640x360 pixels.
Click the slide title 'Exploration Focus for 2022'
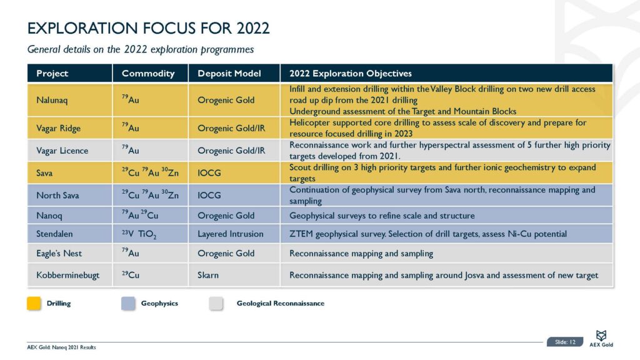coord(149,28)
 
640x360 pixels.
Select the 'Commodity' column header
coord(148,74)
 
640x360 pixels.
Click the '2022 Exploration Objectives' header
coord(351,74)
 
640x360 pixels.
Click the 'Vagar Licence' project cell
coord(62,151)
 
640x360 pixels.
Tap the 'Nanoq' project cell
coord(50,216)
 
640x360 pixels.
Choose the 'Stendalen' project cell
coord(56,234)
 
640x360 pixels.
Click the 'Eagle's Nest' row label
coord(59,254)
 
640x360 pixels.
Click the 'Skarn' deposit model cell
coord(209,275)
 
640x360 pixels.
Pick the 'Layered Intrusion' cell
coord(230,234)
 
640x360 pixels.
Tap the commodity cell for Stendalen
coord(139,234)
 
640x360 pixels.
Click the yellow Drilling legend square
coord(34,304)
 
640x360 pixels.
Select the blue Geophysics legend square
coord(129,304)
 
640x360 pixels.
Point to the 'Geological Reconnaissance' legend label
coord(280,304)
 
